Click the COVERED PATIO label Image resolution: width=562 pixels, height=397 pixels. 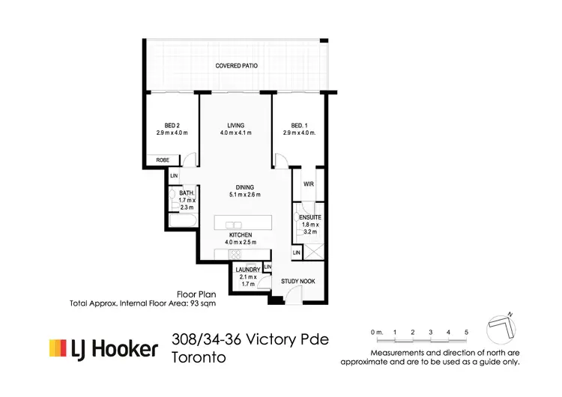[236, 66]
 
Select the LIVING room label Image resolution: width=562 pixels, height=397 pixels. [237, 125]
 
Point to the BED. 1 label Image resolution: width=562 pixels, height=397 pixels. [299, 125]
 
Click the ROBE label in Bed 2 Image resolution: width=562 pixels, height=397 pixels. [162, 160]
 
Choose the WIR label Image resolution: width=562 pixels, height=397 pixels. [308, 184]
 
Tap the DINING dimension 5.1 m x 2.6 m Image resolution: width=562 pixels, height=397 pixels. [244, 195]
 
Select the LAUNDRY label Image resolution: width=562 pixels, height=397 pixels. [247, 270]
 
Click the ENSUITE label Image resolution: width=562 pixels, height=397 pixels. [309, 217]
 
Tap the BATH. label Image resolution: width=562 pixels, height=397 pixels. [187, 193]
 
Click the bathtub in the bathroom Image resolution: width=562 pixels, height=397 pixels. [182, 222]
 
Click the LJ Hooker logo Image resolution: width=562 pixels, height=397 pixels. [104, 348]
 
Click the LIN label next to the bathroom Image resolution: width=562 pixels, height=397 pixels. [174, 176]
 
